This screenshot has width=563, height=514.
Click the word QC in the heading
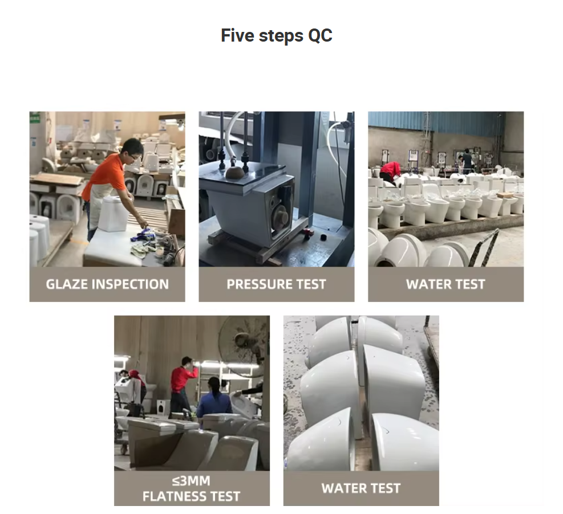pyautogui.click(x=320, y=35)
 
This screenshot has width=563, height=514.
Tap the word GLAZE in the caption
pyautogui.click(x=67, y=284)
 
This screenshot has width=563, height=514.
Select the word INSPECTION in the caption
pyautogui.click(x=130, y=284)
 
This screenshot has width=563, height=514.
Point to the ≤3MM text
pyautogui.click(x=192, y=480)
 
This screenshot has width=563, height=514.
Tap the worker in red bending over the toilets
pyautogui.click(x=390, y=172)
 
